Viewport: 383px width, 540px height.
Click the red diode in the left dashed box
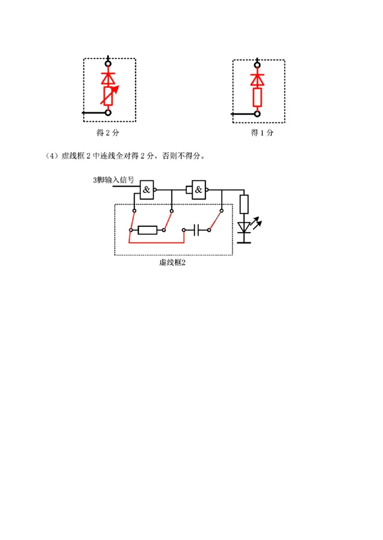click(109, 78)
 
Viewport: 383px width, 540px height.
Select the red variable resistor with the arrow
click(109, 96)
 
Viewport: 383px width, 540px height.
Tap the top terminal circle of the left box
click(109, 63)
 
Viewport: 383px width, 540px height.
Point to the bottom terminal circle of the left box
click(109, 113)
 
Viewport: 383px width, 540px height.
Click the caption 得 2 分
click(108, 133)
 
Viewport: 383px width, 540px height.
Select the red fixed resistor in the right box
click(258, 97)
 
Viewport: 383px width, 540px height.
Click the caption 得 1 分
click(262, 133)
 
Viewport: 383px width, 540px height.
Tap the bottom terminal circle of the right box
click(258, 114)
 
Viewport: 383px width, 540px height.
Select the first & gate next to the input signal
click(146, 190)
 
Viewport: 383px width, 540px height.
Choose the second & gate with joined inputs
click(198, 190)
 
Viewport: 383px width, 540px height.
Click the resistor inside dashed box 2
click(146, 230)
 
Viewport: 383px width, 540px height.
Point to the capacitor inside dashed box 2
click(196, 230)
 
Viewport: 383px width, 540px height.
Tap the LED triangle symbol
click(244, 227)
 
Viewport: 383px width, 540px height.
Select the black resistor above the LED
click(244, 204)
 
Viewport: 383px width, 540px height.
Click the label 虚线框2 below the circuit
click(172, 262)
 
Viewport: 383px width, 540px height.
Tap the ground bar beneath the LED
click(244, 242)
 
